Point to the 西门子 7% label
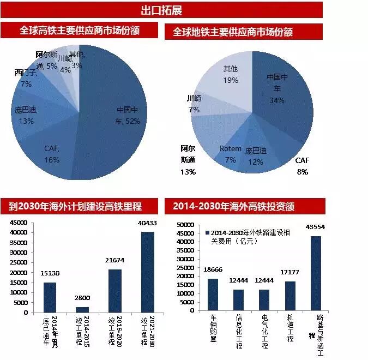pos(26,78)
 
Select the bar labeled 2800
pos(81,309)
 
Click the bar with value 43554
pos(316,273)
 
